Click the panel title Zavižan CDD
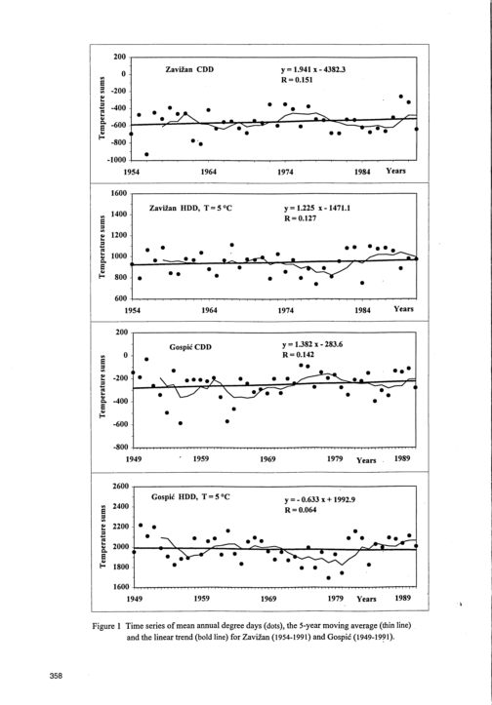(189, 69)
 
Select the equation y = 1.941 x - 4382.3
(313, 69)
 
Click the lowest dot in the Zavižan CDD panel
(146, 154)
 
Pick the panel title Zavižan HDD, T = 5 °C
(191, 209)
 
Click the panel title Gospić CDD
(190, 347)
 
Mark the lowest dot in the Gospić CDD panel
(181, 423)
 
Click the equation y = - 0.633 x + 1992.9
(320, 499)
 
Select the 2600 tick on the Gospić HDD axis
(121, 486)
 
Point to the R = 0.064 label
(301, 510)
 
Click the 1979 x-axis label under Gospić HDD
(336, 599)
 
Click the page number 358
(57, 676)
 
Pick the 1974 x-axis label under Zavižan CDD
(285, 172)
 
